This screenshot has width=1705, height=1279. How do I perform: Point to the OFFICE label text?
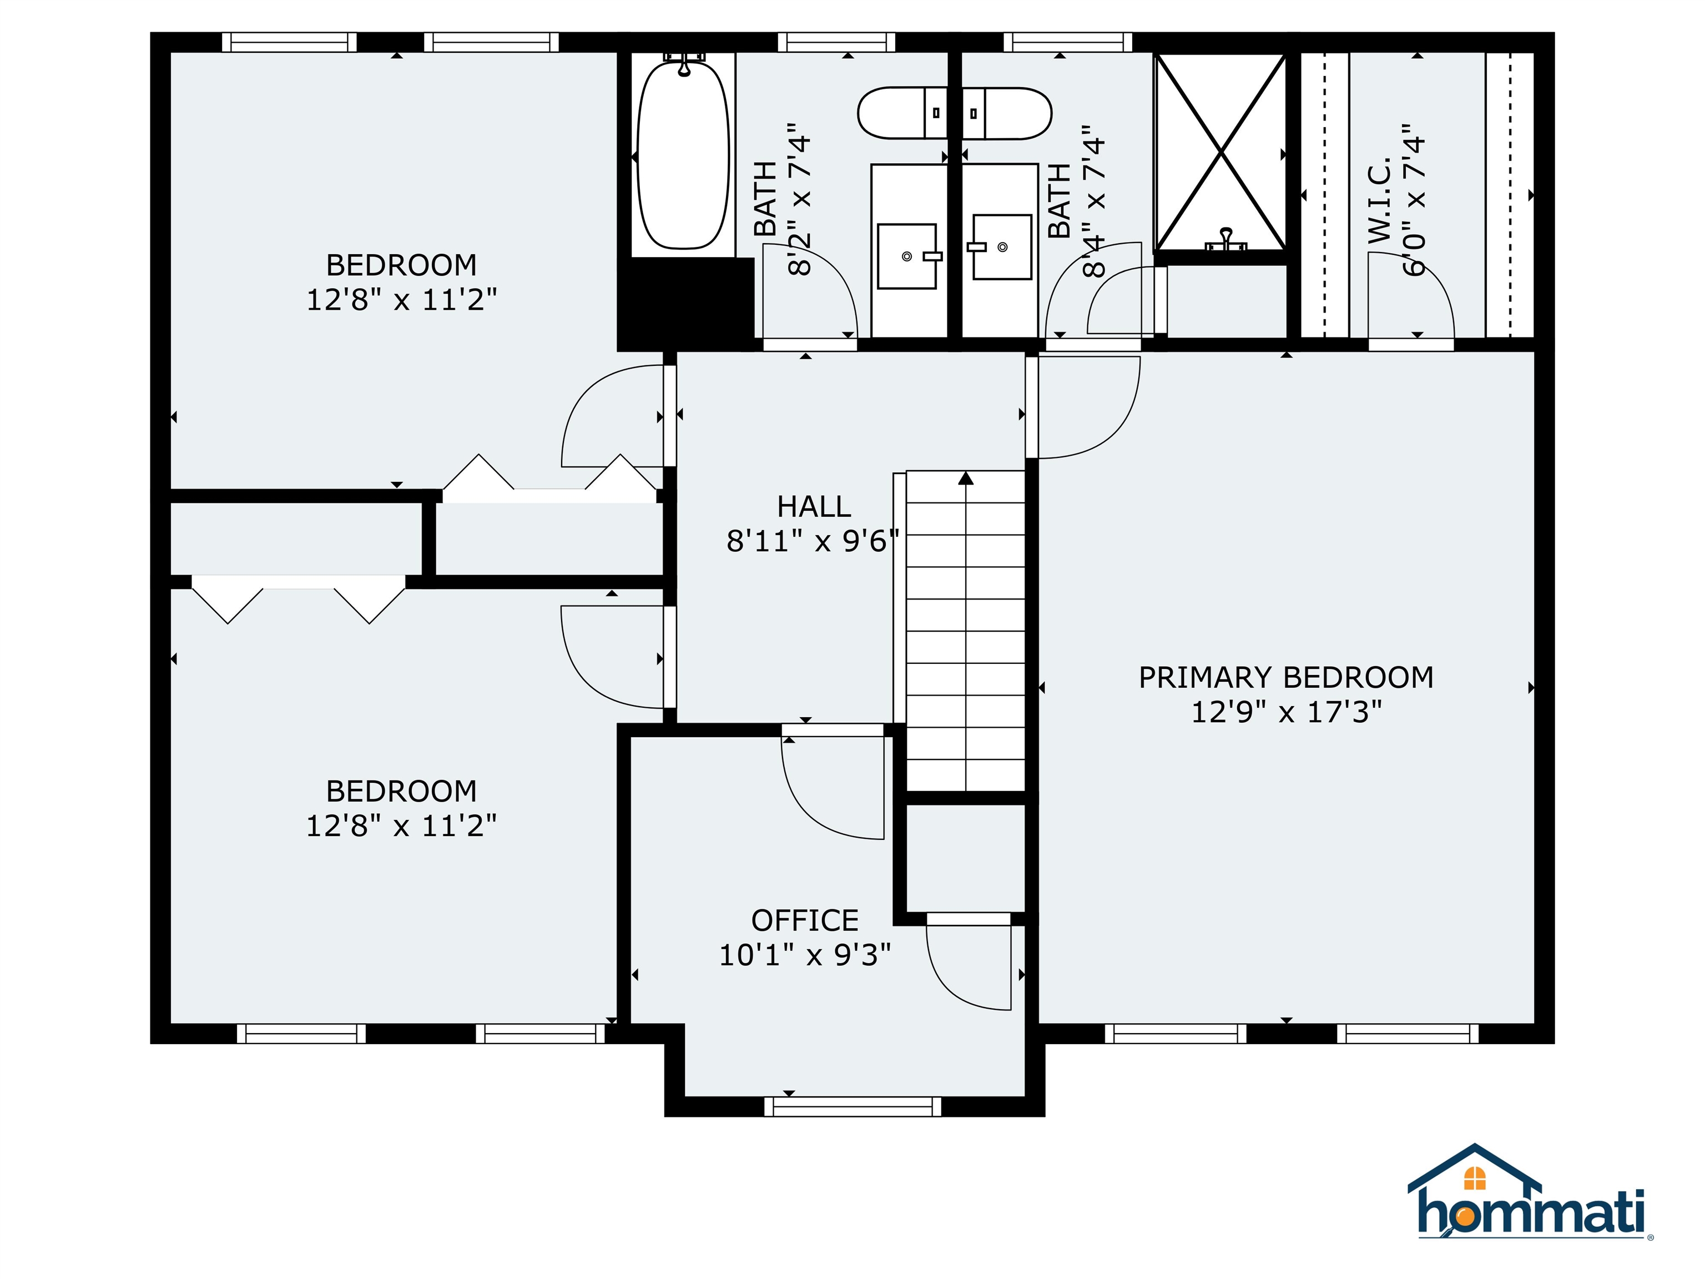[x=805, y=920]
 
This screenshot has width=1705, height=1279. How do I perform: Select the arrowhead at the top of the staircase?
[x=966, y=478]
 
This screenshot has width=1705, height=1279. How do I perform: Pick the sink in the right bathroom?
[x=1001, y=246]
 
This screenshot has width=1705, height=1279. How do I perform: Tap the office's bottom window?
[x=852, y=1106]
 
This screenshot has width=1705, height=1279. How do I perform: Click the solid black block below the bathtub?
[x=686, y=304]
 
